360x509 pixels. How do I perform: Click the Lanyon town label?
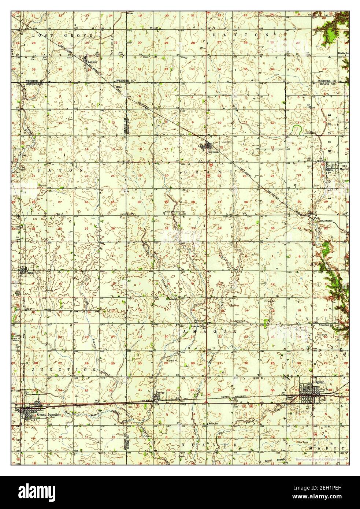click(x=92, y=63)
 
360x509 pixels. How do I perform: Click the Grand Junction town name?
click(x=48, y=414)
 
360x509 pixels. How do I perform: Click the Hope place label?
click(x=118, y=87)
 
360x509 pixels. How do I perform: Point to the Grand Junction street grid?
click(x=29, y=413)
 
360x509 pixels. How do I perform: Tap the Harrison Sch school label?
click(x=327, y=324)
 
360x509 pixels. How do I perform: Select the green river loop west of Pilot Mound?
click(x=297, y=129)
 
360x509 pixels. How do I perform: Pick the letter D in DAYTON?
click(x=214, y=34)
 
